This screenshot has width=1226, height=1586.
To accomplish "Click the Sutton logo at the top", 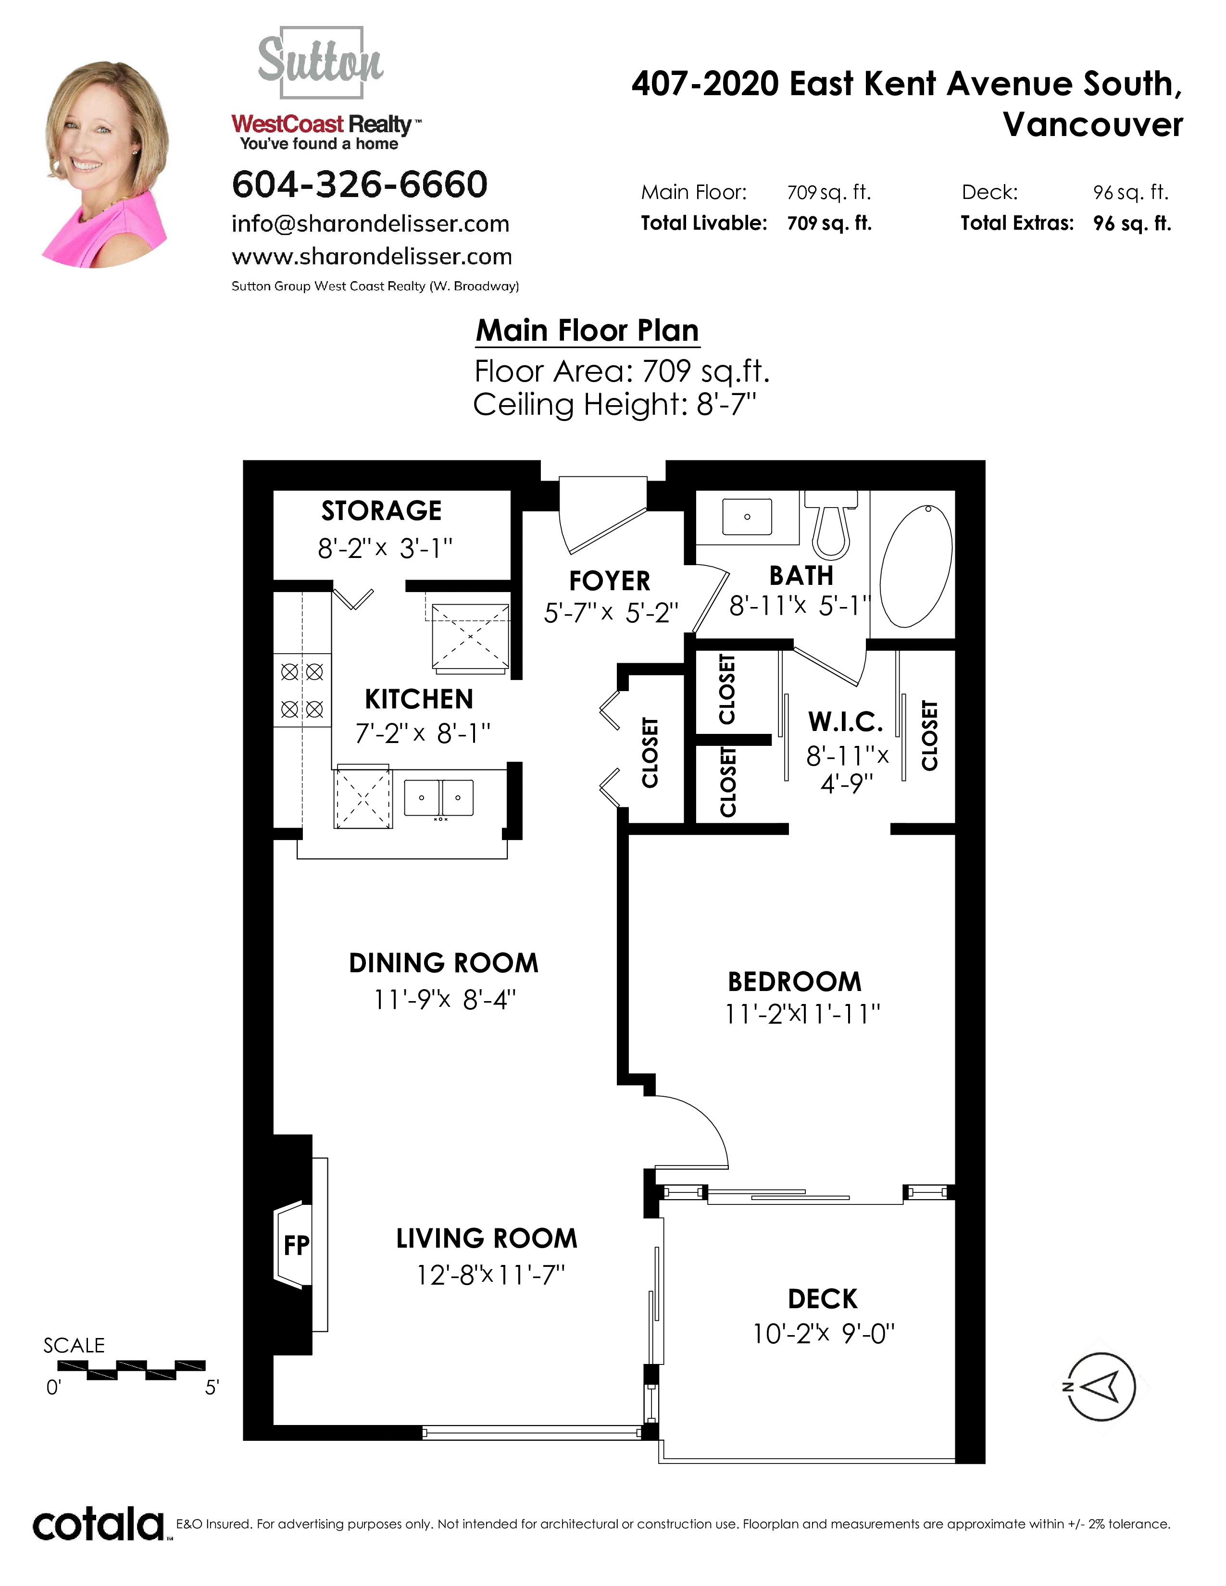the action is (x=321, y=62).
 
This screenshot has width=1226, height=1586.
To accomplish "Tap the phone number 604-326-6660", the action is (x=360, y=185).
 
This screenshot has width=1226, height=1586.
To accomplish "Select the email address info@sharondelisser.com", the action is (x=370, y=223).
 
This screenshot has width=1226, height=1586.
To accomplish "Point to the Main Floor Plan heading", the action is (x=588, y=331).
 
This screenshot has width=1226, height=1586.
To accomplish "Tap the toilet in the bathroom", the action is (x=832, y=523).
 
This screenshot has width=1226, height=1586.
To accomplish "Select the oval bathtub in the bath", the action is (x=916, y=566).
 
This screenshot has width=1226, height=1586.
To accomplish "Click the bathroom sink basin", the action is (x=747, y=516).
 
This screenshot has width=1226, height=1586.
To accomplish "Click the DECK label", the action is (x=823, y=1299).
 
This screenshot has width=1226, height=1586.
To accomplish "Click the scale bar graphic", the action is (x=131, y=1370).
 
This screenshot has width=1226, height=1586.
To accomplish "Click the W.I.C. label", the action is (x=846, y=722).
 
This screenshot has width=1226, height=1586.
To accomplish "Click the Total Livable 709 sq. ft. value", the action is (x=829, y=223).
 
